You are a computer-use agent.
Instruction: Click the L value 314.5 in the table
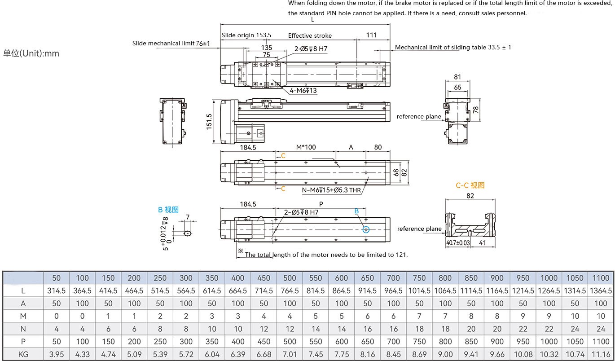tap(57, 291)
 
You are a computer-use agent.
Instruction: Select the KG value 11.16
tap(601, 354)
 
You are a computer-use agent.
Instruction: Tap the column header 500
tap(290, 278)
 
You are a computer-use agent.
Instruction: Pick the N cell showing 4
tap(57, 329)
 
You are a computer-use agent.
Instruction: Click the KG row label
tap(23, 354)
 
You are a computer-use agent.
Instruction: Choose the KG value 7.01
tap(290, 354)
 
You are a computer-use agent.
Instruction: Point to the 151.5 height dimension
tap(209, 121)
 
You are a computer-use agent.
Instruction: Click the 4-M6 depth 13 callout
tap(303, 91)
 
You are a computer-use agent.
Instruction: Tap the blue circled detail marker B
tap(366, 229)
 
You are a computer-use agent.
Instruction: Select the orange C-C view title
tap(470, 185)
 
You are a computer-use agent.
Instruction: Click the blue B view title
tap(168, 209)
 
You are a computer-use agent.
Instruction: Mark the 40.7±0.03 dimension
tap(457, 243)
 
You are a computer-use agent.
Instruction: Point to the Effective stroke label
tap(310, 35)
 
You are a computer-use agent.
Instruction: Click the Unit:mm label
tap(31, 53)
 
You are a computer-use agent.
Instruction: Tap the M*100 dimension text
tap(306, 147)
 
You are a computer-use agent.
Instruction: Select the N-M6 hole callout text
tap(331, 190)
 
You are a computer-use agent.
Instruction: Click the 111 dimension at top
tap(371, 35)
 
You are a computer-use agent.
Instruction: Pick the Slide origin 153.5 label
tap(246, 35)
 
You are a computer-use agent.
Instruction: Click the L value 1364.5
tap(601, 291)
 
